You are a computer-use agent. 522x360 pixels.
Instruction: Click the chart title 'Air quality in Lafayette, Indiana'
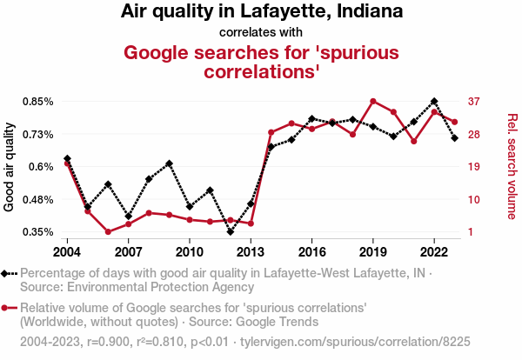261,12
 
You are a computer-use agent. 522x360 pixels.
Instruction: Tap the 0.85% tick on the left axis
36,102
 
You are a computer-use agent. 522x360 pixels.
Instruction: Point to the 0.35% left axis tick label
36,232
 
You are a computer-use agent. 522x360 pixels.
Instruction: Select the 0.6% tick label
40,167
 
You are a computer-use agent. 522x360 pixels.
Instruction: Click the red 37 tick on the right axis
473,102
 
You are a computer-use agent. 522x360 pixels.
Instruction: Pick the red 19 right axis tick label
473,167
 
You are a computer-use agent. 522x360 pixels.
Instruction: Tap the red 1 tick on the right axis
471,232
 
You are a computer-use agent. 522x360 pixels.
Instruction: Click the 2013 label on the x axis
251,252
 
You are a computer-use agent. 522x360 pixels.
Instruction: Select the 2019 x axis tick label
373,252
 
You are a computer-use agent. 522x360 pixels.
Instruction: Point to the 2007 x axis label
128,252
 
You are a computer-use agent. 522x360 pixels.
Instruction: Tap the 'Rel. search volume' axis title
512,167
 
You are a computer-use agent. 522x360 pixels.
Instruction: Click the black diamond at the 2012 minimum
231,231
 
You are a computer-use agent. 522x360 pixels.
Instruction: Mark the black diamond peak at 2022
434,102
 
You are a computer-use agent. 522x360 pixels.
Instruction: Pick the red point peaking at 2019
373,102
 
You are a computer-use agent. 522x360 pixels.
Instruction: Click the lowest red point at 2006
108,231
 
